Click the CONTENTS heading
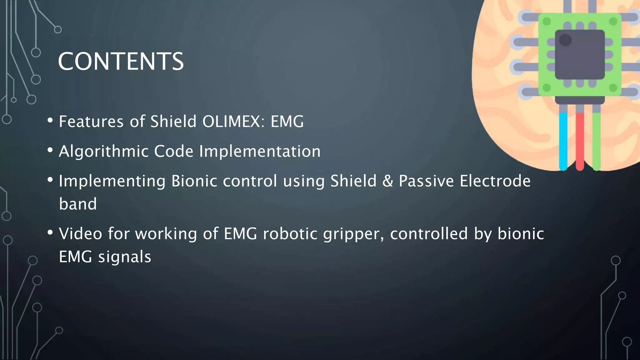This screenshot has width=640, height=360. (x=121, y=61)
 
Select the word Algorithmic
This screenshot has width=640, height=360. (x=103, y=152)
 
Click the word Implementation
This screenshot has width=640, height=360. (x=260, y=152)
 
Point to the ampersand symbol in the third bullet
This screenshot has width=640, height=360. (x=387, y=181)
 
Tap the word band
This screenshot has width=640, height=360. (x=78, y=204)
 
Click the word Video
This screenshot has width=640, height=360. (x=80, y=234)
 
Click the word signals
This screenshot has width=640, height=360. (x=124, y=257)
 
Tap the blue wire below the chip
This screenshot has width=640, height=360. (x=563, y=141)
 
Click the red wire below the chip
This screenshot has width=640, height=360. (x=580, y=141)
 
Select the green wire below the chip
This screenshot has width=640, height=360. (x=596, y=141)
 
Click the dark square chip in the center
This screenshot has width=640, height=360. (x=580, y=55)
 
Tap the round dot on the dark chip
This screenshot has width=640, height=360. (x=565, y=40)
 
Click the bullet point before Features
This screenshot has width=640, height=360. (x=50, y=120)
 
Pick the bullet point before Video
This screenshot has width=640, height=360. (x=50, y=232)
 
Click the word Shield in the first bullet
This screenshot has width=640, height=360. (x=173, y=122)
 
